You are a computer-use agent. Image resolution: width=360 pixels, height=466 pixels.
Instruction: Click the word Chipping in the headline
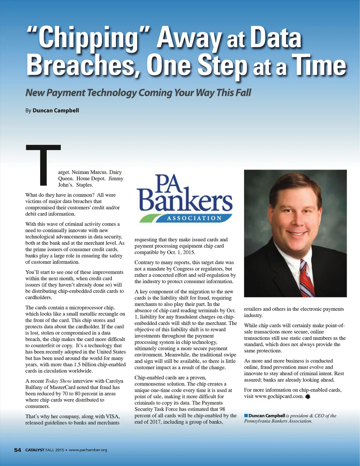coord(88,39)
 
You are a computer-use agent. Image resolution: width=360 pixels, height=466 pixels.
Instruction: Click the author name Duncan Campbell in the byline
coord(56,110)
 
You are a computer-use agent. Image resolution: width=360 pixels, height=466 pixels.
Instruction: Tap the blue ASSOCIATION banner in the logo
coord(194,218)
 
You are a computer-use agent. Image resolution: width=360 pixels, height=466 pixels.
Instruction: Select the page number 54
coord(18,450)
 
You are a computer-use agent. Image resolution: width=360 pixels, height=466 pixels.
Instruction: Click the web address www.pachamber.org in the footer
coord(88,450)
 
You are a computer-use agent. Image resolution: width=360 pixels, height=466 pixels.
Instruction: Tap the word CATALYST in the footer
coord(35,450)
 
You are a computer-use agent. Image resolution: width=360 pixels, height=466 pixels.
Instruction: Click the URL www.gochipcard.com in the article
coord(279,396)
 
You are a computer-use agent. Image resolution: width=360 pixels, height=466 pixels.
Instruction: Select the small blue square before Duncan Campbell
coord(246,416)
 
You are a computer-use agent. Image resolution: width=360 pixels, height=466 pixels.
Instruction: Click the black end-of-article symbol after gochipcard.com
coord(308,396)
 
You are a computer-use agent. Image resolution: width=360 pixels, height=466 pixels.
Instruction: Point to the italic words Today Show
coord(58,381)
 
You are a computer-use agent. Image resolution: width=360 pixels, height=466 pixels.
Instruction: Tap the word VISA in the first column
coord(112,416)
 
